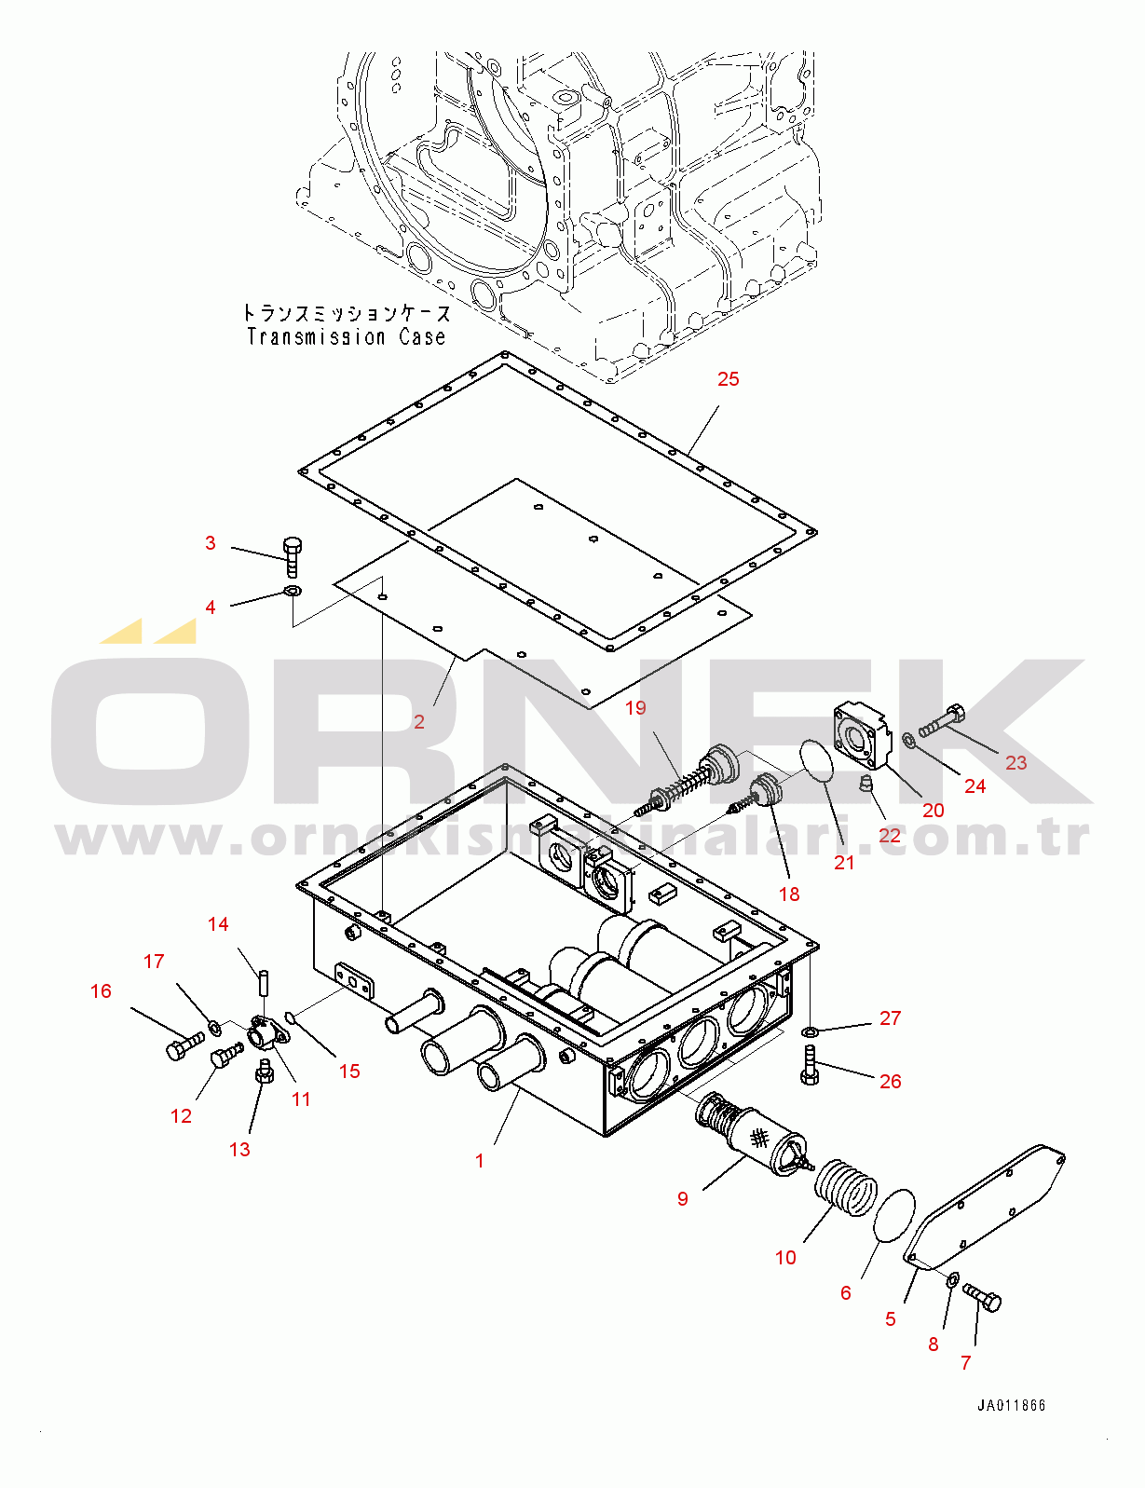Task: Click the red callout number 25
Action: click(729, 378)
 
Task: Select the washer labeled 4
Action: click(293, 590)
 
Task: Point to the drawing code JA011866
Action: click(1011, 1405)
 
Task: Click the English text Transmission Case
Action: click(347, 337)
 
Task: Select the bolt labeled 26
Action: click(809, 1066)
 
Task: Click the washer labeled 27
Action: click(809, 1031)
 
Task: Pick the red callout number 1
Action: click(480, 1161)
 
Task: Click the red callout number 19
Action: click(635, 707)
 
